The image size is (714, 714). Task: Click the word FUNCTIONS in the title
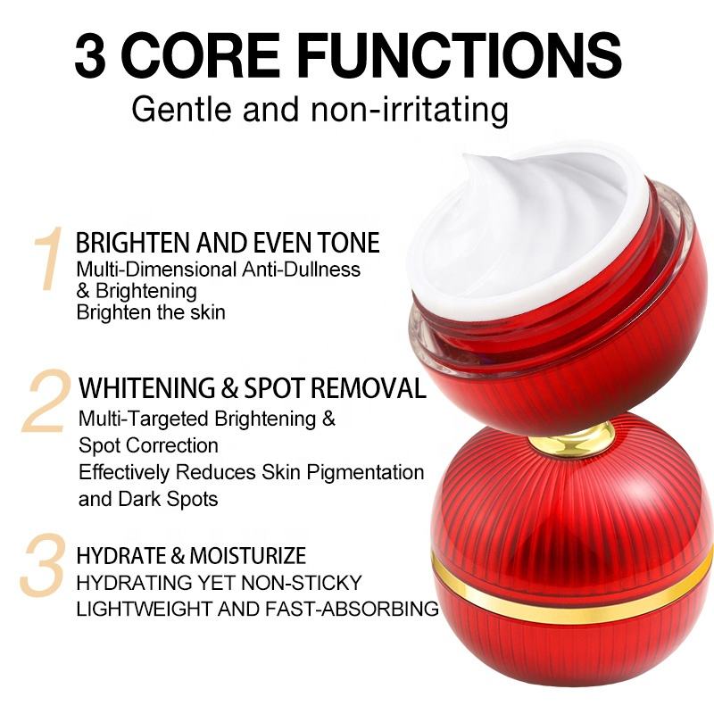click(460, 56)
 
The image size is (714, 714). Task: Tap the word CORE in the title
click(199, 56)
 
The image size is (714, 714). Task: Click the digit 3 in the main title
click(90, 56)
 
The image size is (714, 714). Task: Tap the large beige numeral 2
click(45, 401)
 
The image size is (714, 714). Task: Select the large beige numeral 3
click(42, 565)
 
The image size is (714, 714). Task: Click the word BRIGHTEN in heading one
click(135, 242)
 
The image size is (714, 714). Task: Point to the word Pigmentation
click(365, 473)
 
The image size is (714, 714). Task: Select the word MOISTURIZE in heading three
click(248, 555)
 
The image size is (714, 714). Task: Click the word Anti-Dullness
click(301, 270)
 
